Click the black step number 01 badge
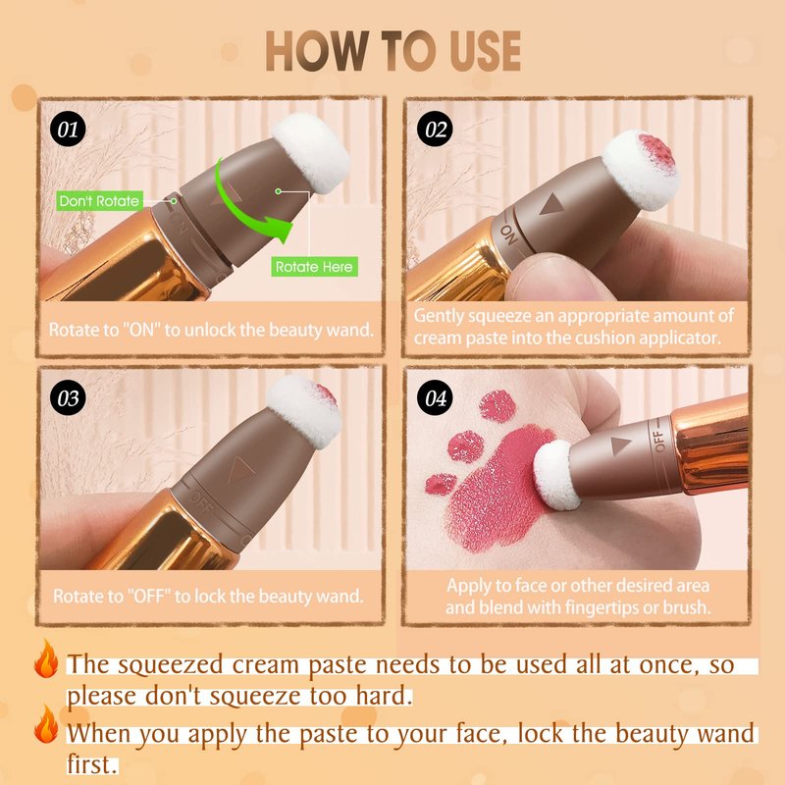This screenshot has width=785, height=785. pos(68,130)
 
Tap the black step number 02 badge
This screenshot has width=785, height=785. pos(435,129)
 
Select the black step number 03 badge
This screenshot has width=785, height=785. pos(68,398)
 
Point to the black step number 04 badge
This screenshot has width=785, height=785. pos(435,398)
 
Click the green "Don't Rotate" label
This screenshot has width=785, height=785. pos(100,201)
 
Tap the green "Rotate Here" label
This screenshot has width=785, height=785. pos(314,266)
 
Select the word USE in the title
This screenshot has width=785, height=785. pos(486,51)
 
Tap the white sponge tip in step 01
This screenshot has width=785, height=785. pos(311,152)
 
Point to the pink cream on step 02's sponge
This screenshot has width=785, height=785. pos(654,151)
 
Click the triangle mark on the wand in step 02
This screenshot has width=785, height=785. pos(551,204)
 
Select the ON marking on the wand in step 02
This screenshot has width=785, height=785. pos(508,235)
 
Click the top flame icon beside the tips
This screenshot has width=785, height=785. pos(46,658)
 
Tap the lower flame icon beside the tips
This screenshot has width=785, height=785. pos(46,724)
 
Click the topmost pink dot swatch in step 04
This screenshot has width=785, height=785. pos(497,406)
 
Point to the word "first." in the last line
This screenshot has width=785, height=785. pos(92,765)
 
